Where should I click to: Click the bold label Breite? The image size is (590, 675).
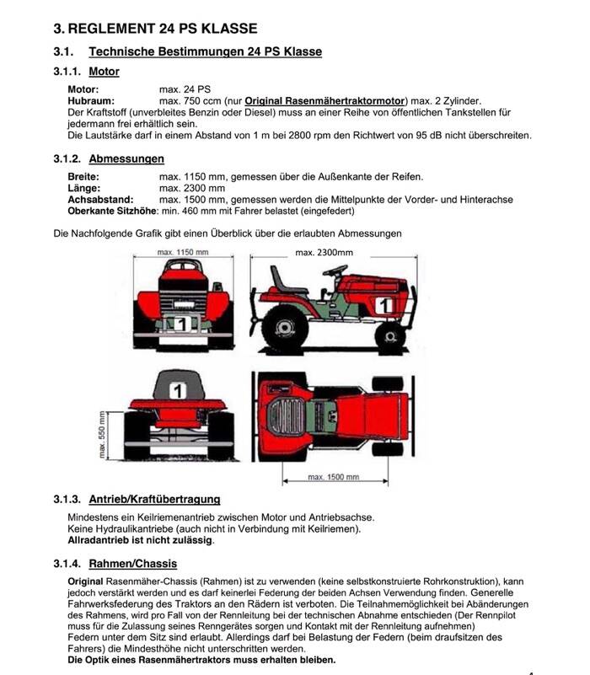pyautogui.click(x=83, y=176)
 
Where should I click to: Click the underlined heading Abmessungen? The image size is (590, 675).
pyautogui.click(x=126, y=158)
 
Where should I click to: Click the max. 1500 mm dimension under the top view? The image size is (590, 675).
pyautogui.click(x=329, y=477)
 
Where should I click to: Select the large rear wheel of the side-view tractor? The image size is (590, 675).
pyautogui.click(x=283, y=324)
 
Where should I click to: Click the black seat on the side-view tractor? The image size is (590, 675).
pyautogui.click(x=285, y=281)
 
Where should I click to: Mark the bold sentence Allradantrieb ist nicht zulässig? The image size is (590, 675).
pyautogui.click(x=140, y=540)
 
